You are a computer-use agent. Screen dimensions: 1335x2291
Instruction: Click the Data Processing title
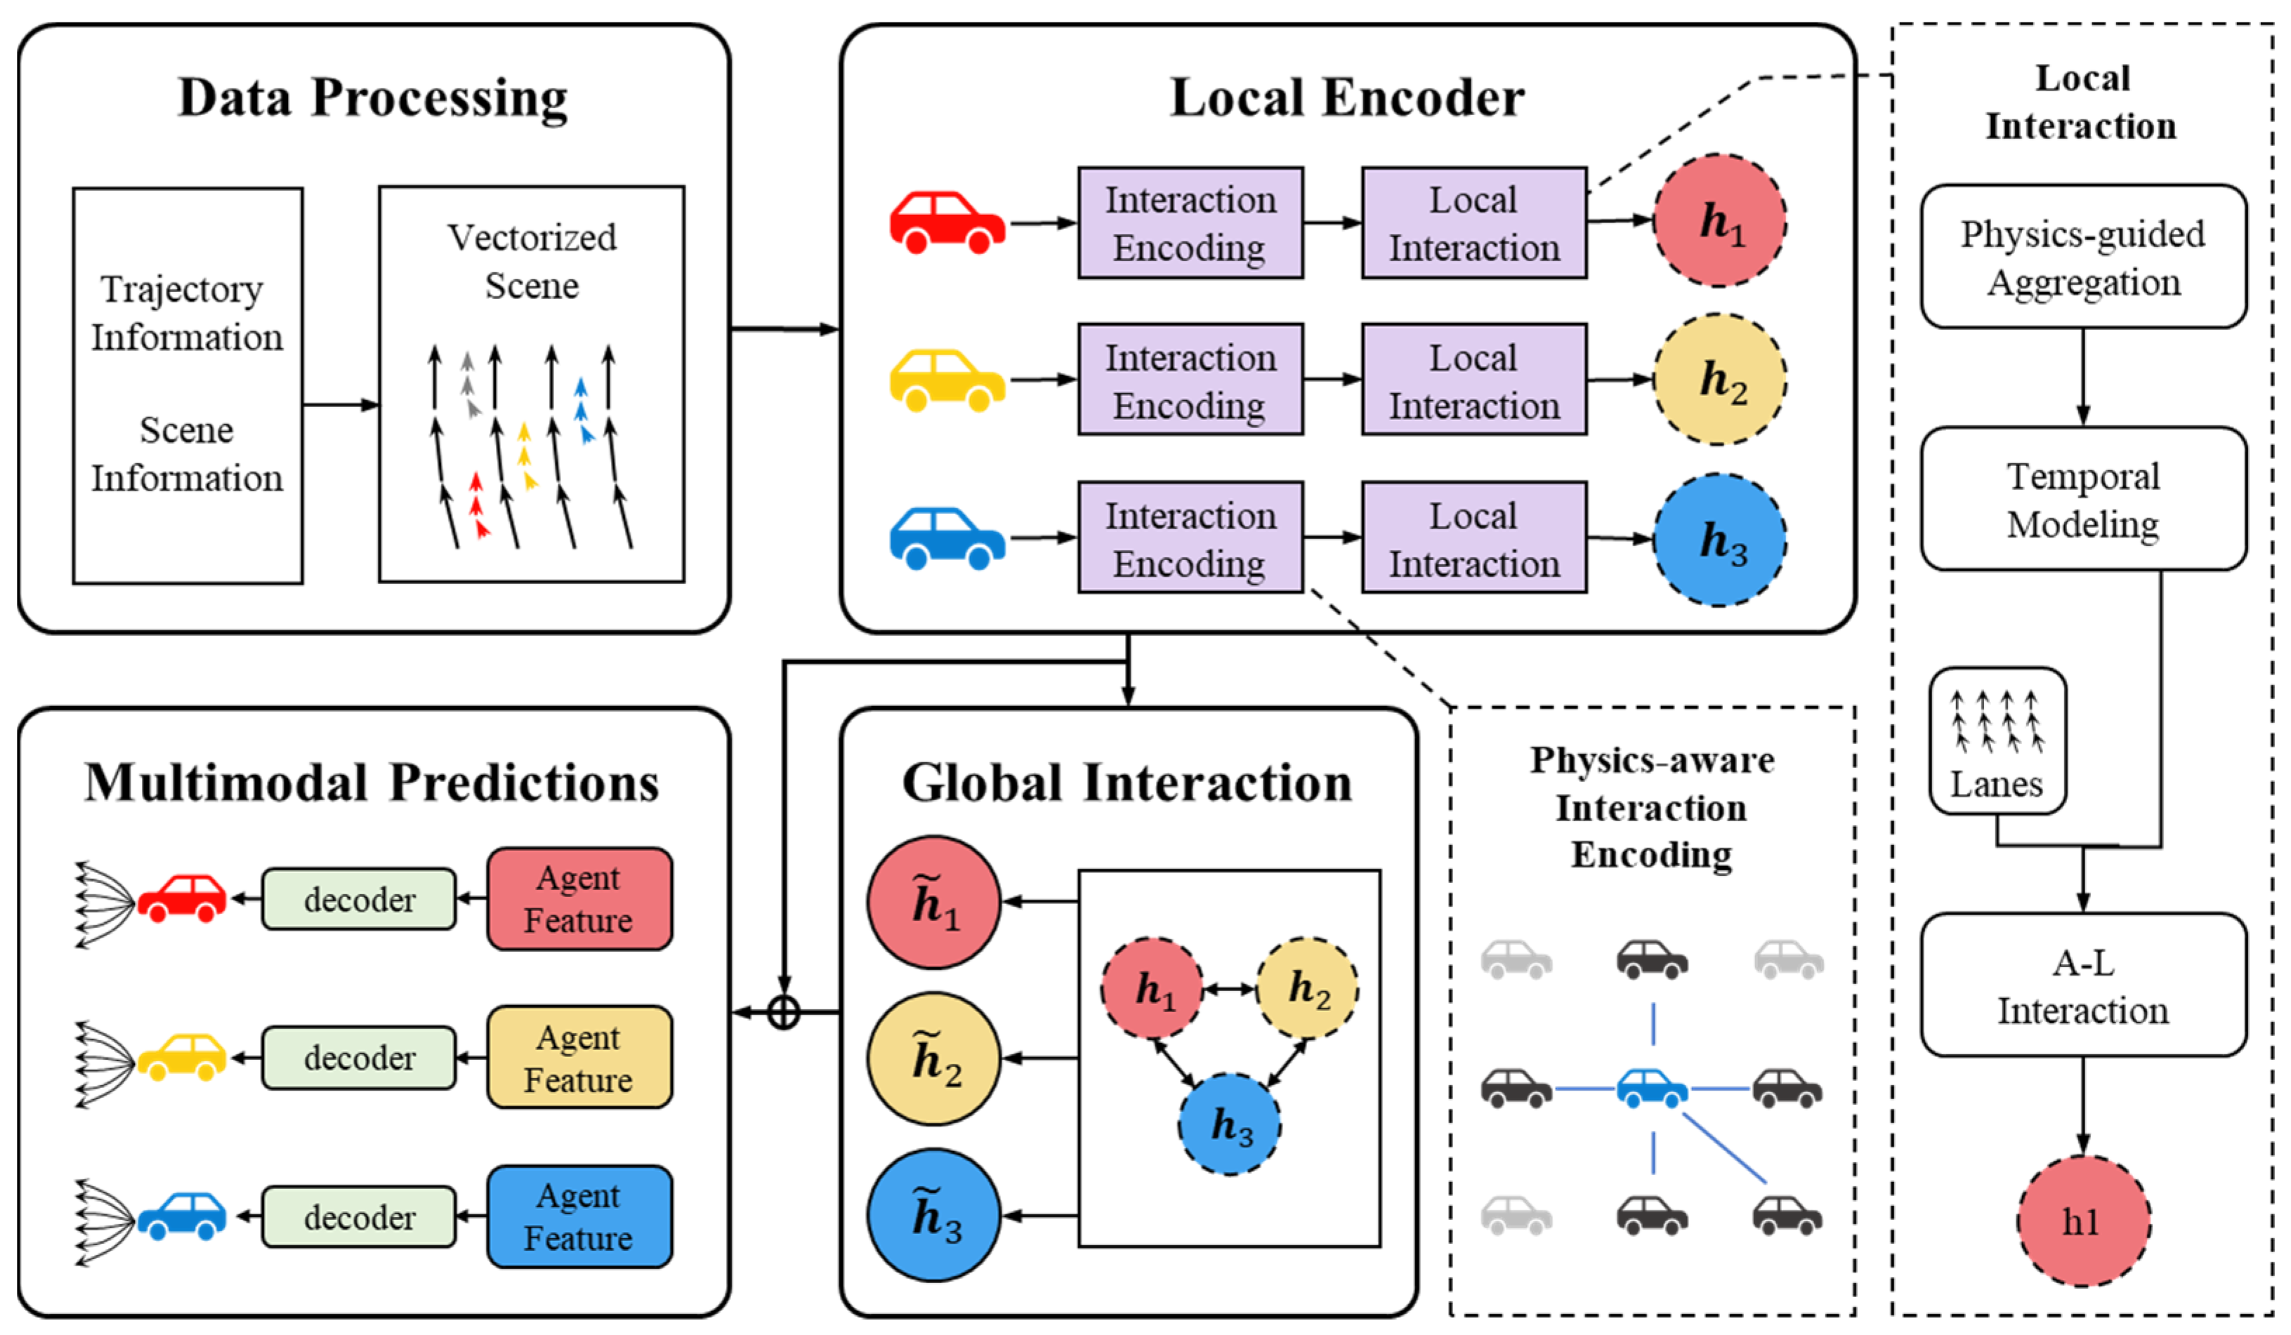[373, 98]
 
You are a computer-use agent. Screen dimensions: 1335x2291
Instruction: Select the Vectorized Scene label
[532, 261]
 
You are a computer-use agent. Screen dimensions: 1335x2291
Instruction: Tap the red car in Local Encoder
[947, 222]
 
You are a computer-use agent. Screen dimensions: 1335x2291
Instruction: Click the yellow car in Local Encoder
[947, 380]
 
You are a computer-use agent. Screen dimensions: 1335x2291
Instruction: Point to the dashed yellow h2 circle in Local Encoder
[1719, 380]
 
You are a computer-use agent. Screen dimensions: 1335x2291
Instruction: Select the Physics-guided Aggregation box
[2083, 257]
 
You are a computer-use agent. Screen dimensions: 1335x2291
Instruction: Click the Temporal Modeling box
[2083, 500]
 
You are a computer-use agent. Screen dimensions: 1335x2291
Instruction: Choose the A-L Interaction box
[2083, 985]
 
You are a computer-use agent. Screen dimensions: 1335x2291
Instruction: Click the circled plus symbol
[784, 1012]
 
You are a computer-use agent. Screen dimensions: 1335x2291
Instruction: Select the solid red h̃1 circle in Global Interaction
[933, 903]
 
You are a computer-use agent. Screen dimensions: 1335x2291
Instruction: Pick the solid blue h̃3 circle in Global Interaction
[933, 1216]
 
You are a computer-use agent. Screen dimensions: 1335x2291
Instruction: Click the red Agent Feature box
[579, 899]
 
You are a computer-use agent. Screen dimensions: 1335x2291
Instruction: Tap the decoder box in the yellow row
[359, 1058]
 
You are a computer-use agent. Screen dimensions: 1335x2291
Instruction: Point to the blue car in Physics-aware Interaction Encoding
[1652, 1088]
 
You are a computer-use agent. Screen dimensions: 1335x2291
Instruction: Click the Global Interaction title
[1127, 783]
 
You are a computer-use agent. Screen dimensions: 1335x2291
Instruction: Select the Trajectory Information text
[186, 312]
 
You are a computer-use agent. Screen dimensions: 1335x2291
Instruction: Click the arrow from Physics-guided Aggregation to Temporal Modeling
[2083, 377]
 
